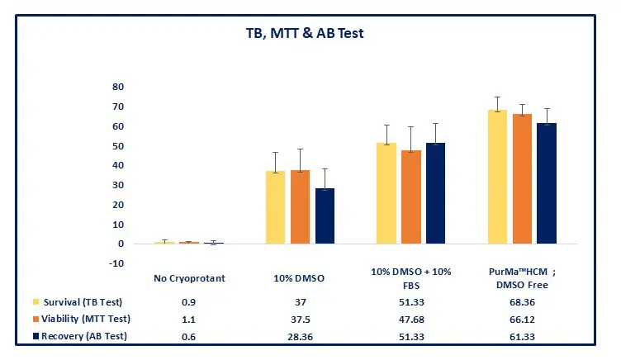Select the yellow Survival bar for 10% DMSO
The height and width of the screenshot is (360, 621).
coord(275,207)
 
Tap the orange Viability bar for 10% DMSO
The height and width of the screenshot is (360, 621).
coord(300,207)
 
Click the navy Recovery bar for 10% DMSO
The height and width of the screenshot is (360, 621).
coord(325,216)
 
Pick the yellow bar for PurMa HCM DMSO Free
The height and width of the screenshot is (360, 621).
coord(497,177)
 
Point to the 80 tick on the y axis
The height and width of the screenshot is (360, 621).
coord(118,87)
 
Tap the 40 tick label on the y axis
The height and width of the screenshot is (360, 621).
coord(118,165)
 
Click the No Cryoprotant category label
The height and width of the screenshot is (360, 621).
coord(189,278)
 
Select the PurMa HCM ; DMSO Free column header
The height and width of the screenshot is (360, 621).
coord(522,278)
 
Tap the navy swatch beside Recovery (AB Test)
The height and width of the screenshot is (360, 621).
coord(37,335)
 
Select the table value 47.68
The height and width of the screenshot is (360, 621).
coord(410,318)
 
